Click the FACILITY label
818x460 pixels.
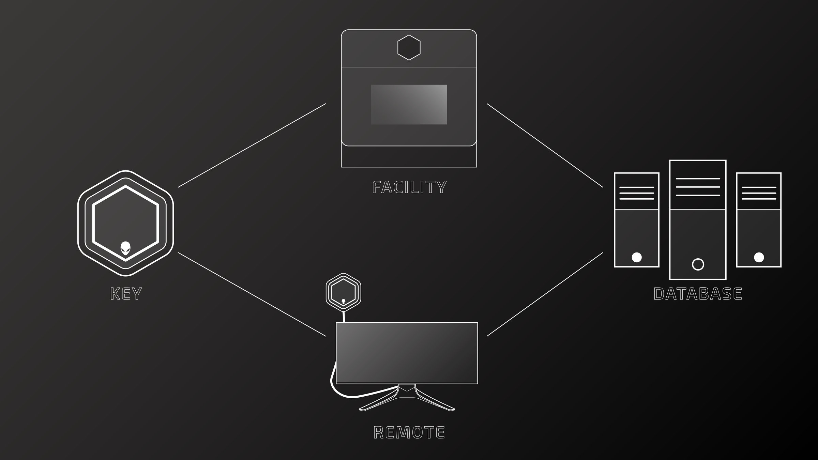409,187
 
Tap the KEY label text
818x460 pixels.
126,294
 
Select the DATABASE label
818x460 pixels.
698,294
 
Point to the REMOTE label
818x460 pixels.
409,432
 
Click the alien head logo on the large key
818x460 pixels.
125,248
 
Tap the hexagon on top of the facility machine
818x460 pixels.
409,47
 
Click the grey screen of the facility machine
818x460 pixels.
409,105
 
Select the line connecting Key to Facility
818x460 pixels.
252,145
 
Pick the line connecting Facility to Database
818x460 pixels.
545,145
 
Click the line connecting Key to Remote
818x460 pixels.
252,294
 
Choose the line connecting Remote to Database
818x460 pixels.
545,294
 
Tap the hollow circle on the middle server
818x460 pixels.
698,264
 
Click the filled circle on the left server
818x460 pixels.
636,257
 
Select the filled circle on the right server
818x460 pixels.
759,257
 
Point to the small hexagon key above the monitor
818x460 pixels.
343,292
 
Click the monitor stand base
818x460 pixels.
407,402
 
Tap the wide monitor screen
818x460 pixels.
407,353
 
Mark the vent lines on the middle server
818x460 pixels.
698,187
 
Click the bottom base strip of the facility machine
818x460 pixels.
409,157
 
